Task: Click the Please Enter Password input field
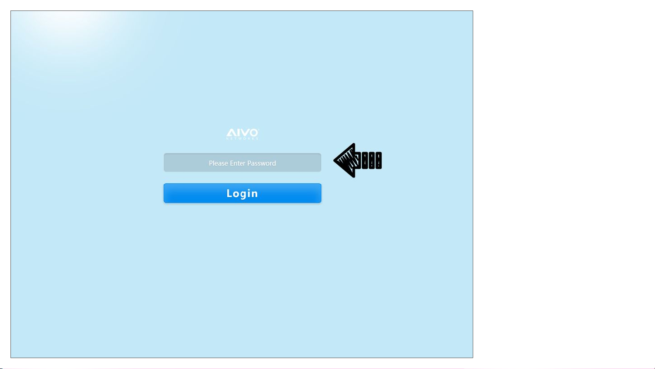pyautogui.click(x=242, y=162)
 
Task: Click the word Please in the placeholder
pyautogui.click(x=219, y=163)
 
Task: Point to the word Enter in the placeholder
pyautogui.click(x=237, y=163)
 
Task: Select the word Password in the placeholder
pyautogui.click(x=261, y=163)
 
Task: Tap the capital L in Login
pyautogui.click(x=230, y=193)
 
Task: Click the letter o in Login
pyautogui.click(x=237, y=194)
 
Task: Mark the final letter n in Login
pyautogui.click(x=255, y=194)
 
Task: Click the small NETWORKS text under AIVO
pyautogui.click(x=242, y=138)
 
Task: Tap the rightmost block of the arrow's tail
pyautogui.click(x=378, y=160)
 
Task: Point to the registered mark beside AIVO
pyautogui.click(x=259, y=129)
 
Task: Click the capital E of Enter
pyautogui.click(x=231, y=163)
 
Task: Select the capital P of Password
pyautogui.click(x=249, y=163)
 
